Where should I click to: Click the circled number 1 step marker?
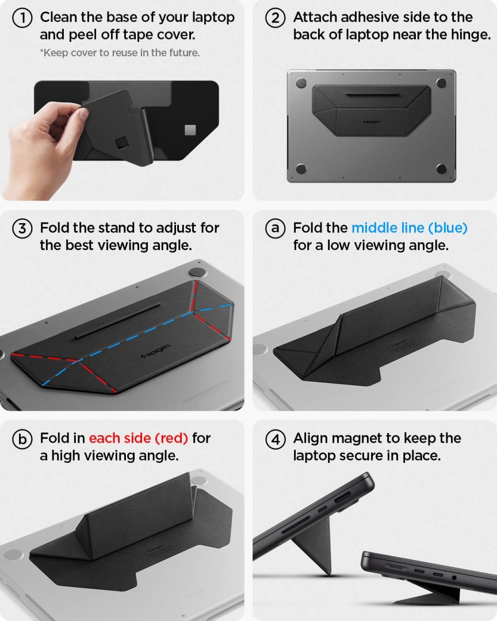[22, 18]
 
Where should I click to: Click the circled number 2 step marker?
[276, 18]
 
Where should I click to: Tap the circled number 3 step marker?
[22, 228]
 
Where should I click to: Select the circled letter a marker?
[276, 228]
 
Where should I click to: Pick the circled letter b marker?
[22, 439]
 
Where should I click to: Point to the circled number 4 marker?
[276, 439]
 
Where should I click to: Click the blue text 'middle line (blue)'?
[409, 228]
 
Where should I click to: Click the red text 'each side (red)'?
[138, 438]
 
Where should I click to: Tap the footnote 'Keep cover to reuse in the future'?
[120, 53]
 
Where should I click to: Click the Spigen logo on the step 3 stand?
[155, 351]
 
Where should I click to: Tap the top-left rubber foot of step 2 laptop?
[301, 83]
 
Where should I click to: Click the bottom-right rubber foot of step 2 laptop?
[441, 168]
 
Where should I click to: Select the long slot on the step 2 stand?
[370, 92]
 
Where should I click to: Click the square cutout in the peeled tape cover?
[121, 141]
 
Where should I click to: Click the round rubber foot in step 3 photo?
[197, 273]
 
